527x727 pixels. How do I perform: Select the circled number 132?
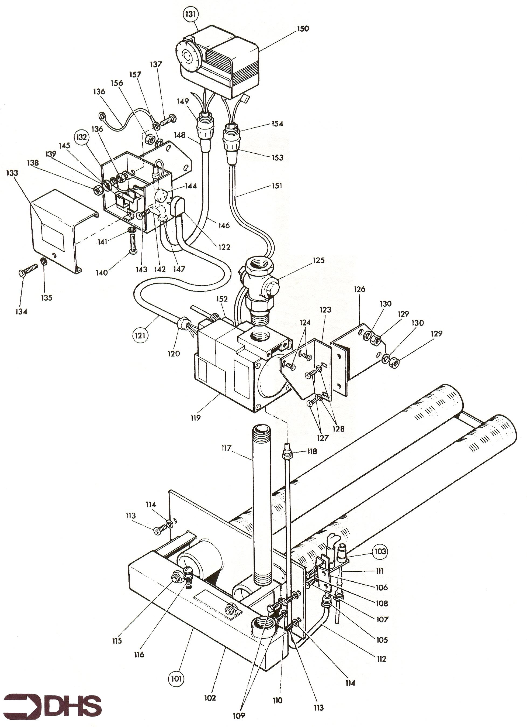[x=81, y=137]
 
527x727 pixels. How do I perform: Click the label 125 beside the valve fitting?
[x=318, y=260]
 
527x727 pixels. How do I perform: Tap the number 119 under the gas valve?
[x=195, y=418]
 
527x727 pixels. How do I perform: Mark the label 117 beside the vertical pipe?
[x=226, y=448]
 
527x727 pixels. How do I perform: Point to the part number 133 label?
[x=12, y=173]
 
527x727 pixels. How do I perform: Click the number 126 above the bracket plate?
[x=359, y=289]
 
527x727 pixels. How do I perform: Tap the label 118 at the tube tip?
[x=312, y=451]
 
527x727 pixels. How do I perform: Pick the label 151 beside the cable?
[x=277, y=185]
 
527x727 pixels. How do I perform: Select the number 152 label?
[x=222, y=299]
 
